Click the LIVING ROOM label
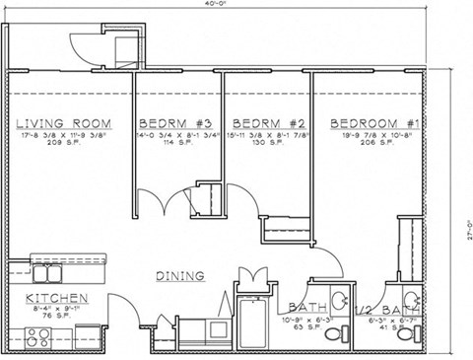pyautogui.click(x=63, y=124)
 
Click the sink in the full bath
pyautogui.click(x=340, y=301)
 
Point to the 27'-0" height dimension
pyautogui.click(x=465, y=229)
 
